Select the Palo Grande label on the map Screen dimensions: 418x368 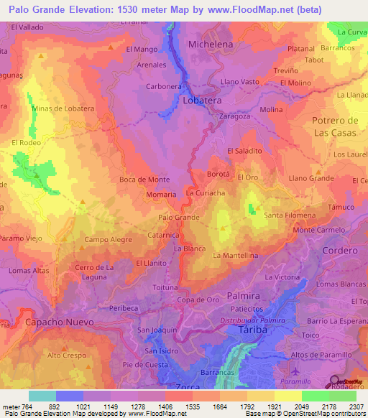click(178, 216)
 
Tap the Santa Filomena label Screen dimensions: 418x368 click(287, 215)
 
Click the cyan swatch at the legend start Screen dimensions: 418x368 click(42, 396)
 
